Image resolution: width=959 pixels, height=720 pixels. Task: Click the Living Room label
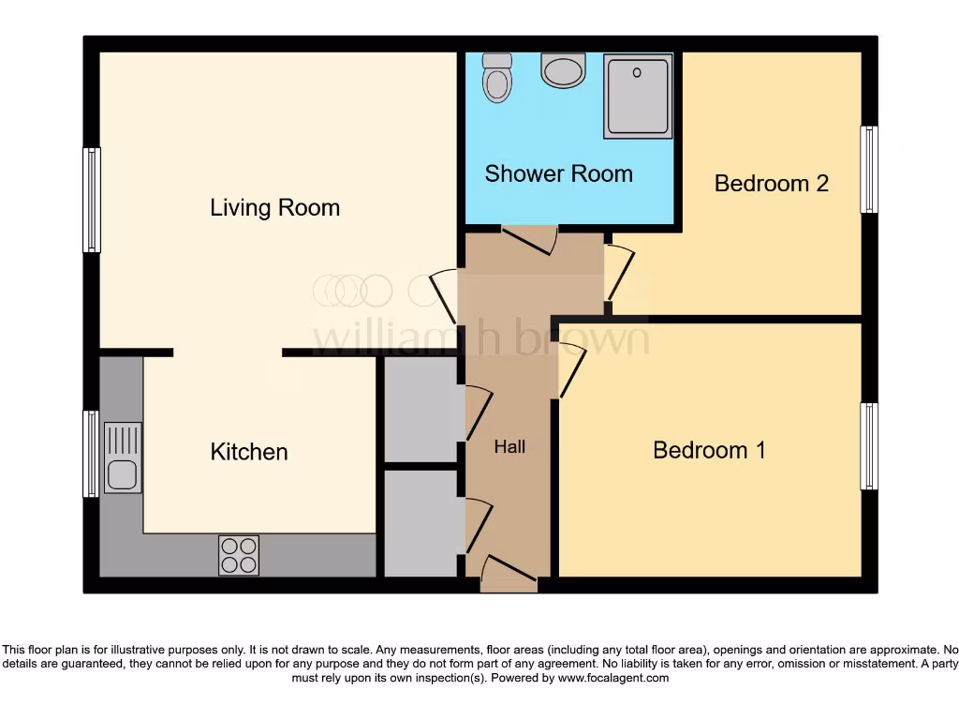coord(274,207)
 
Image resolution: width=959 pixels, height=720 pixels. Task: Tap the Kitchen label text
coord(249,452)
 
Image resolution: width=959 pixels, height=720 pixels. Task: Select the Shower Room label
coord(558,173)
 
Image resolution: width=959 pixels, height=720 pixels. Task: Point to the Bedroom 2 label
coord(771,183)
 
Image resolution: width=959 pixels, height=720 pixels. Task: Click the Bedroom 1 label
coord(709,450)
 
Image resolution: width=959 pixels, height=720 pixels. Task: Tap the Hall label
coord(509,447)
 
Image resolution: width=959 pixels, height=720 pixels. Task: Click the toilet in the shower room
coord(497,78)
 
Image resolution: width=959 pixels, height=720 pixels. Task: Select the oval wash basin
coord(563,70)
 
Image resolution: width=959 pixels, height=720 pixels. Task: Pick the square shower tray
coord(638,96)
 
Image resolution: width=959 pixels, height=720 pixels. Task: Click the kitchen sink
coord(123,457)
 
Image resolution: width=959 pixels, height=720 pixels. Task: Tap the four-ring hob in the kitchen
coord(238,555)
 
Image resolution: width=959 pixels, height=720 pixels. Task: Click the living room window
coord(92,200)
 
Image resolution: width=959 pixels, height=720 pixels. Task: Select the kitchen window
coord(91,454)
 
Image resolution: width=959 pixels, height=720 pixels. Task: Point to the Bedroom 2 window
coord(869,170)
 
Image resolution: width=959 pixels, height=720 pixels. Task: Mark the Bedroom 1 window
coord(869,446)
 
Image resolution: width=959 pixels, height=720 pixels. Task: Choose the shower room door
coord(530,240)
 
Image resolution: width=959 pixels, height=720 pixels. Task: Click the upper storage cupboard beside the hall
coord(420,409)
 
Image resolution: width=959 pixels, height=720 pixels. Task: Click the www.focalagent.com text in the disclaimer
coord(613,678)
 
